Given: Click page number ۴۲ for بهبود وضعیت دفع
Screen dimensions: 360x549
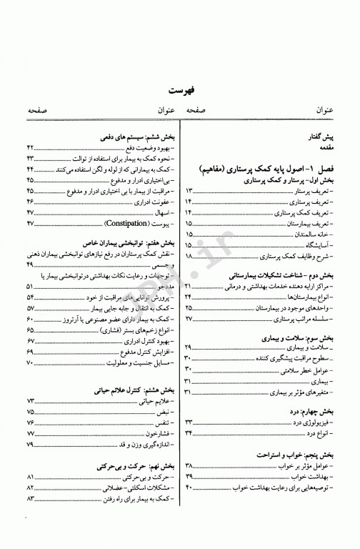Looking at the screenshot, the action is tap(30, 147).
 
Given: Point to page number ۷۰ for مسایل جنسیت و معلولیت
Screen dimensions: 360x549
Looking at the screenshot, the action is tap(30, 364).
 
